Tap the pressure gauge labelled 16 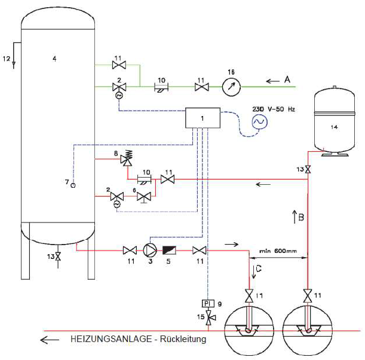tap(230, 87)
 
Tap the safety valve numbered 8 tap(126, 160)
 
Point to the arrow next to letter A tap(273, 80)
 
